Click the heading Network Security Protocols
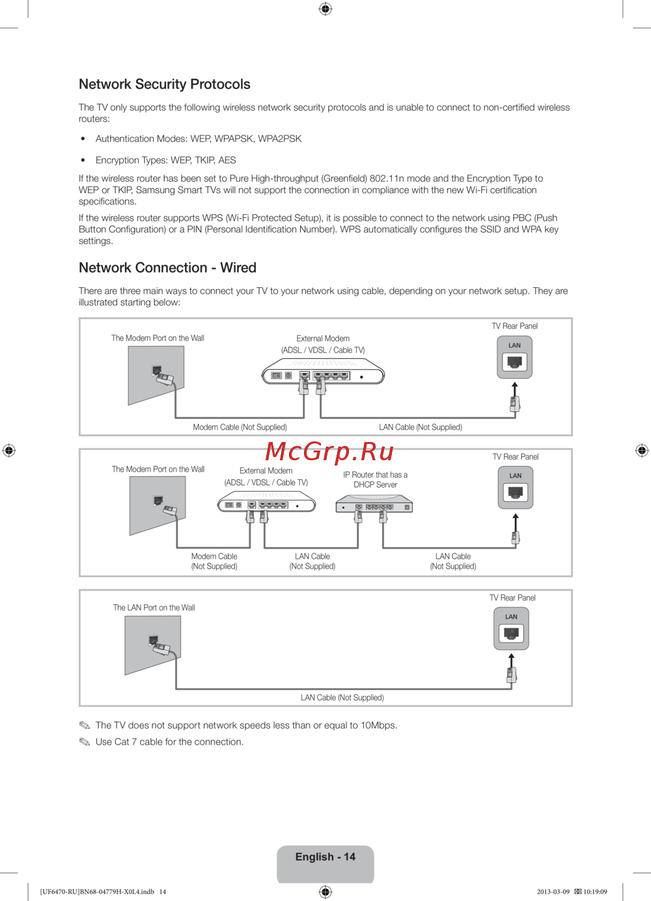(164, 84)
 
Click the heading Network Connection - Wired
(167, 268)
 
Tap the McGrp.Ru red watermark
(329, 450)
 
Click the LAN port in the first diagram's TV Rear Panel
(514, 362)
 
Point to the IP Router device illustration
(374, 505)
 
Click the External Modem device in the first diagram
(323, 374)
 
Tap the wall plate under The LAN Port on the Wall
(152, 645)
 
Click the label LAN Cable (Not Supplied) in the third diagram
(342, 697)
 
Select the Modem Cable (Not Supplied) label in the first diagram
(240, 427)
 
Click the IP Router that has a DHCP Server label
(375, 480)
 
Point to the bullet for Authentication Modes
(83, 139)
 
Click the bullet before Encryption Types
(83, 160)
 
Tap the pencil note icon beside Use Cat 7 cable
(85, 742)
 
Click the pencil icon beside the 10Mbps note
(85, 725)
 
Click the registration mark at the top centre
(325, 8)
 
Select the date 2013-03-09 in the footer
(553, 892)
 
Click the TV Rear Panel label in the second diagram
(515, 457)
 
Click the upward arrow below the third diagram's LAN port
(512, 659)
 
